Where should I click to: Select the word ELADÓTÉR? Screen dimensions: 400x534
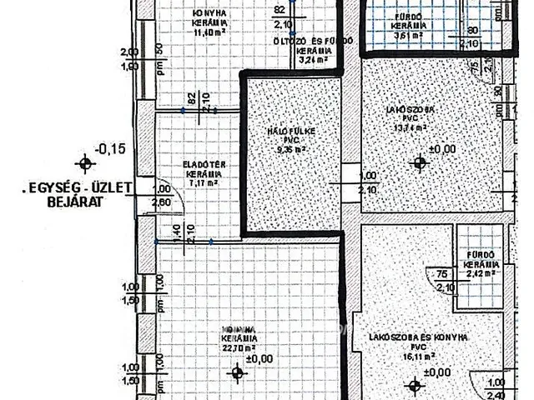pyautogui.click(x=194, y=165)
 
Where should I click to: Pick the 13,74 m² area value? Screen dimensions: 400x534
pyautogui.click(x=407, y=127)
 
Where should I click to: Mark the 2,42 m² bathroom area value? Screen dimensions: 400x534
pyautogui.click(x=482, y=272)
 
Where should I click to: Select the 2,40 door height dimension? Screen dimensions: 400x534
pyautogui.click(x=495, y=385)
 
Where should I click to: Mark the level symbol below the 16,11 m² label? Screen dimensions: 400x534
pyautogui.click(x=414, y=385)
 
